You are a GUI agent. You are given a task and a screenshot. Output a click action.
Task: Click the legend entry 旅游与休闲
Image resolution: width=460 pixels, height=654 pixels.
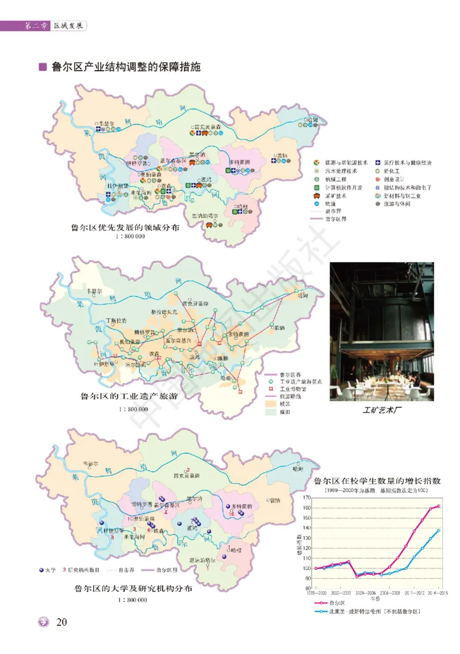tap(406, 203)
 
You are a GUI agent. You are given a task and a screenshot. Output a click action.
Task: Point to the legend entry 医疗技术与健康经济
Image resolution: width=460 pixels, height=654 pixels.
tap(407, 163)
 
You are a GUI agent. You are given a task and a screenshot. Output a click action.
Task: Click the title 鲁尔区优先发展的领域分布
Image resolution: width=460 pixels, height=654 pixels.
tap(125, 226)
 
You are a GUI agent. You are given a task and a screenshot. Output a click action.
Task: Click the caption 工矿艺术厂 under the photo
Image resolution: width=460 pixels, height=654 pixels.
tap(382, 411)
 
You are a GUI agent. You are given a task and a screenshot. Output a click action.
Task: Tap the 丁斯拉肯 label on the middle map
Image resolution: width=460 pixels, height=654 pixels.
tap(117, 320)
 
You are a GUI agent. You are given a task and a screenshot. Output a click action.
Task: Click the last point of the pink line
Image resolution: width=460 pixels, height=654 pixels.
tap(439, 506)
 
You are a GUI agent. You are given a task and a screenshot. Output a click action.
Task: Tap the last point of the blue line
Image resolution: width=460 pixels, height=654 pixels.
tap(439, 530)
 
